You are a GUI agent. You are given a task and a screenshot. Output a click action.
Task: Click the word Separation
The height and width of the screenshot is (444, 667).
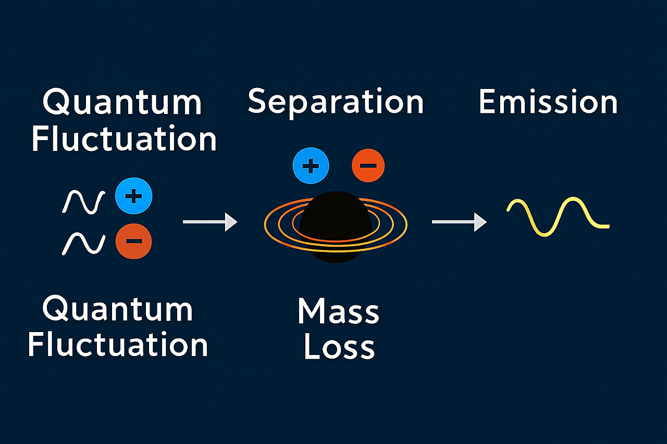point(336,102)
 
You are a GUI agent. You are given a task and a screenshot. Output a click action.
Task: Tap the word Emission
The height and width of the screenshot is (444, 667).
point(548,102)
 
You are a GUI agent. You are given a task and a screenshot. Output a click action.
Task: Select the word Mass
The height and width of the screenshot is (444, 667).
point(338,312)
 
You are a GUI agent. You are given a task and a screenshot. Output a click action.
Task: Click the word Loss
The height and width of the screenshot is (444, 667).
point(339,347)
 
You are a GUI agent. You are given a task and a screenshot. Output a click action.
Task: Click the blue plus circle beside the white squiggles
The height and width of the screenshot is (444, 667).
point(134,196)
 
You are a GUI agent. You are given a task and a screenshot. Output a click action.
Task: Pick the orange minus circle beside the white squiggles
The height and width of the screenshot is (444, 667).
point(134,241)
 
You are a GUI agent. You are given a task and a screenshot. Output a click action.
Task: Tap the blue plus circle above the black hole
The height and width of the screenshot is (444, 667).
point(311,167)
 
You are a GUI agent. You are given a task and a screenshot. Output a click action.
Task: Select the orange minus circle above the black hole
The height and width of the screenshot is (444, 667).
point(368,167)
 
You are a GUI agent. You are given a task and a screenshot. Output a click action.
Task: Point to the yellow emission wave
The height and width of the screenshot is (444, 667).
point(558,217)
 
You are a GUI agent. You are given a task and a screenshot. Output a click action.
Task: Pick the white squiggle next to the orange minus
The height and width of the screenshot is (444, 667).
point(84,243)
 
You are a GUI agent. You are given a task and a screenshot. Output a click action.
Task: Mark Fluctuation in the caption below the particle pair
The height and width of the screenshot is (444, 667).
point(118,344)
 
